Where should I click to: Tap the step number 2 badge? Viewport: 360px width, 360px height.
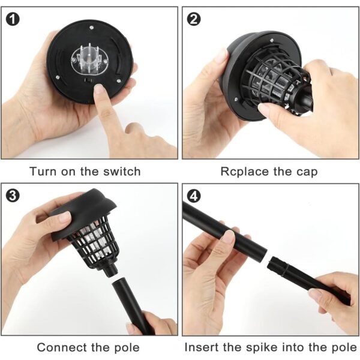coord(194,19)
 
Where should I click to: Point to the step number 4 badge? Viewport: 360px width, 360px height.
coord(194,196)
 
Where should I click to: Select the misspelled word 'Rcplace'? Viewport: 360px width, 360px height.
coord(242,172)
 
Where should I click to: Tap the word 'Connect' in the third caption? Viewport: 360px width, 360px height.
coord(61,347)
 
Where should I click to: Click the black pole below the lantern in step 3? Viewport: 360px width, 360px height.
coord(128,306)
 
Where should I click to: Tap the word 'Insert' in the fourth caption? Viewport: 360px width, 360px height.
coord(202,347)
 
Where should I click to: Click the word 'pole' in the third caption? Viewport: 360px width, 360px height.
coord(125,347)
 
